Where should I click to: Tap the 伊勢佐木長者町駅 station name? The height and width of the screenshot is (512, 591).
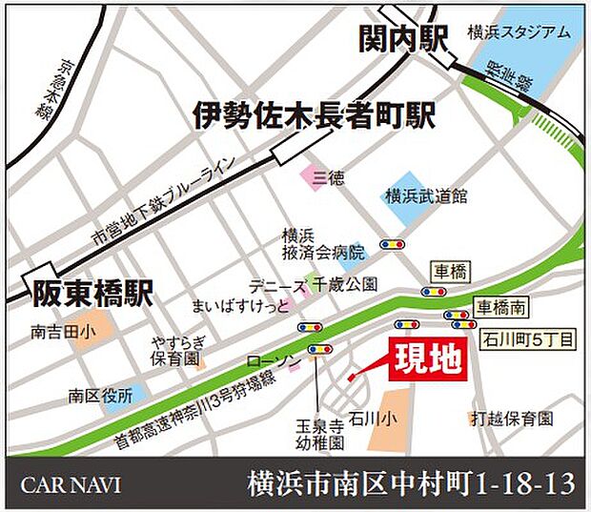[x=315, y=115]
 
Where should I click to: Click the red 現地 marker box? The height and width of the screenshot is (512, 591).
[x=426, y=360]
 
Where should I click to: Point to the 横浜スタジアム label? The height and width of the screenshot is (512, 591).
[x=520, y=31]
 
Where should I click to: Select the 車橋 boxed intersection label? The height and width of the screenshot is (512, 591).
[x=450, y=274]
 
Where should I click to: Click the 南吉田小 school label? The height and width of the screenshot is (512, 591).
[x=58, y=333]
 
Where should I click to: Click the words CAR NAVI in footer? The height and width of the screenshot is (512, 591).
[x=71, y=484]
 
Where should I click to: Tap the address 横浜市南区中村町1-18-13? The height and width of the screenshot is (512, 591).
[x=411, y=484]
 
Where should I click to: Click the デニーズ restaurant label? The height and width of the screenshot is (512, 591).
[x=276, y=285]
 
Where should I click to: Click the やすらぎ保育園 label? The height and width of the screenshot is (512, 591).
[x=177, y=351]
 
